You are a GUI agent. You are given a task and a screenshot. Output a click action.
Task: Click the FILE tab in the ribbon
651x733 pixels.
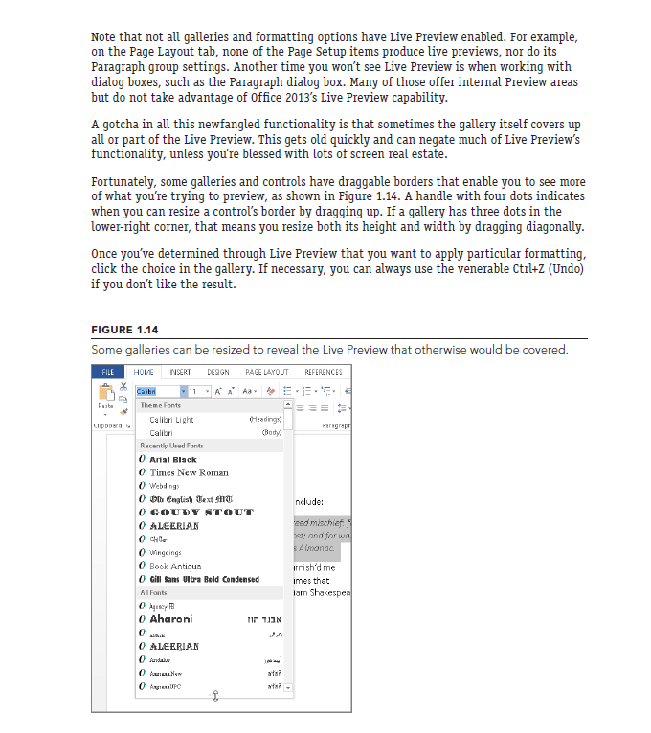pos(108,372)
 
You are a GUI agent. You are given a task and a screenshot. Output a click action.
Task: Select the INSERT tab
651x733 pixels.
pos(180,372)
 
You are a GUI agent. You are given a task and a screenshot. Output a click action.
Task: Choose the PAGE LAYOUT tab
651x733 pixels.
pos(267,372)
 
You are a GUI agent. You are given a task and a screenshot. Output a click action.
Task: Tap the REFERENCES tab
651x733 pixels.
pos(323,372)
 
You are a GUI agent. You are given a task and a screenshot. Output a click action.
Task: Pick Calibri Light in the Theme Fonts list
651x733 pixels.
pos(172,420)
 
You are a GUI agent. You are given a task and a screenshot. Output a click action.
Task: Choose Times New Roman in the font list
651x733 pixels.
pos(190,472)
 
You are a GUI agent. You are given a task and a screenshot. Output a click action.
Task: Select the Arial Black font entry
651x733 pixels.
pos(173,460)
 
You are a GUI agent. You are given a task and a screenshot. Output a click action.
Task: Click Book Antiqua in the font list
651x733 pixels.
pos(175,566)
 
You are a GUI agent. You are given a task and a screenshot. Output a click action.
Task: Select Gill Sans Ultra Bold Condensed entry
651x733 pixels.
pos(204,579)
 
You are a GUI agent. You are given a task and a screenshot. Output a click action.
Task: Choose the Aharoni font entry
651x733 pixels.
pos(172,619)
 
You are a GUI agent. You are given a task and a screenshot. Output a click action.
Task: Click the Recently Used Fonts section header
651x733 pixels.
pos(172,446)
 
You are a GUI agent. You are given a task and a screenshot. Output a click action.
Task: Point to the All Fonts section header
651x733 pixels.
pos(154,593)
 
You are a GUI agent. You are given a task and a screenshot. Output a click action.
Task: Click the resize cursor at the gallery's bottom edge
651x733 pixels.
pos(215,696)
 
